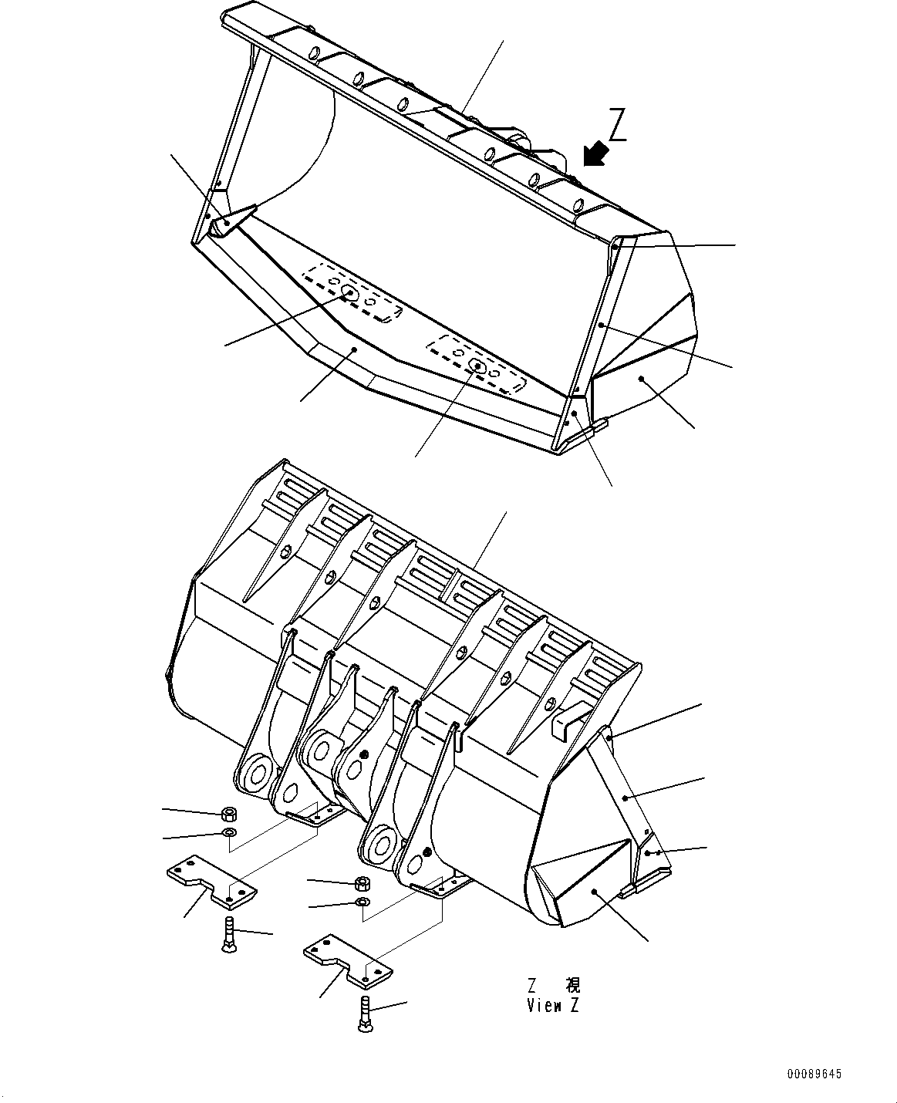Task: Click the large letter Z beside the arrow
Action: tap(618, 126)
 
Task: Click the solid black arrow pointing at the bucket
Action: tap(595, 153)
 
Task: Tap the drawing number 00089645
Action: tap(814, 1074)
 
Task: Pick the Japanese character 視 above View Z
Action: tap(572, 985)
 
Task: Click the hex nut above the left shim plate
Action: tap(228, 813)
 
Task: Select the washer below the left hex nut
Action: tap(228, 833)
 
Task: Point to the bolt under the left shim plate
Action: tap(230, 935)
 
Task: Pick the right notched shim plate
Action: tap(347, 959)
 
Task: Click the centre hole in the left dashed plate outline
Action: tap(349, 293)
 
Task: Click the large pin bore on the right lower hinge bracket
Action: tap(379, 843)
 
